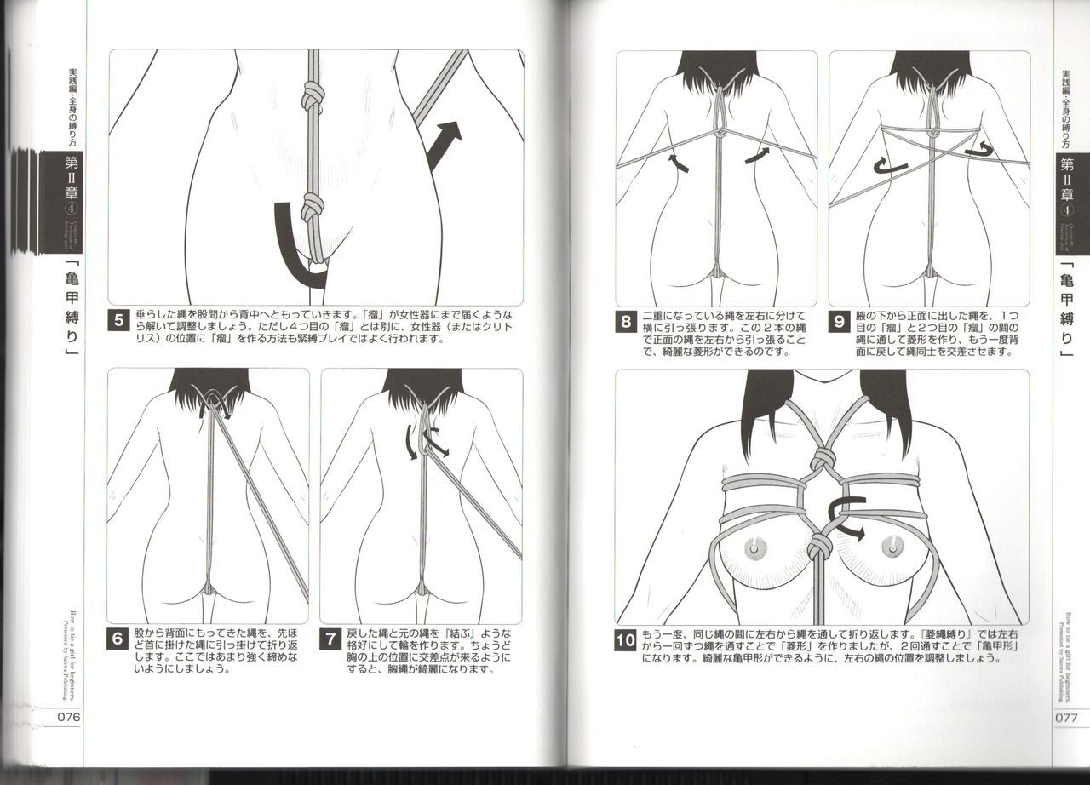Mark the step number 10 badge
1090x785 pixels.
[x=626, y=640]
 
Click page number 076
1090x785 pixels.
[x=68, y=716]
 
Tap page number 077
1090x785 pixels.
[x=1066, y=716]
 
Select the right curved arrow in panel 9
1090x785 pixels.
[x=978, y=150]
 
